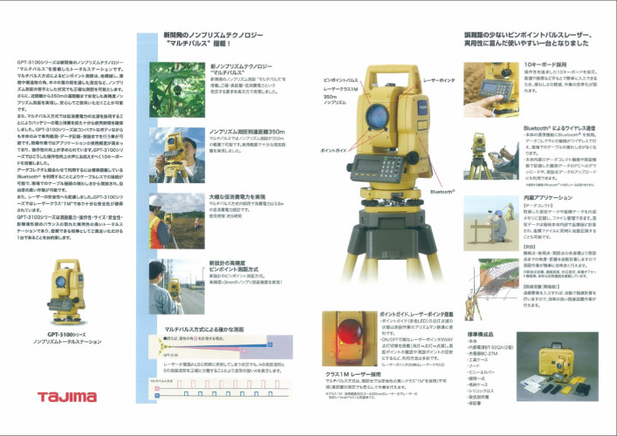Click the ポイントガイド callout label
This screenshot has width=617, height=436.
(333, 150)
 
